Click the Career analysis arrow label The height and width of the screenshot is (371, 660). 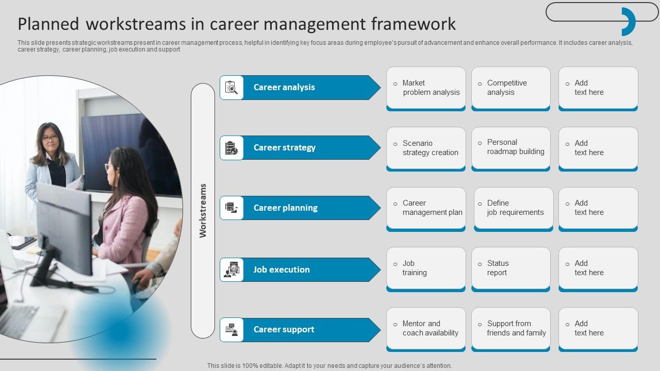click(x=284, y=88)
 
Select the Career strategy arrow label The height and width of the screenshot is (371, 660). click(x=284, y=148)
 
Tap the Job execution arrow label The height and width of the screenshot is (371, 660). click(x=282, y=269)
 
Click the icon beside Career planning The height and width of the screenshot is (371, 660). click(x=232, y=208)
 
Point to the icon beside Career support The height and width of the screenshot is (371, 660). click(x=232, y=330)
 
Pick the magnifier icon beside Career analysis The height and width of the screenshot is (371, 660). click(x=232, y=88)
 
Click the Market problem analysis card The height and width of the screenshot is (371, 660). click(x=426, y=88)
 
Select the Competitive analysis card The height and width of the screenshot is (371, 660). click(x=510, y=88)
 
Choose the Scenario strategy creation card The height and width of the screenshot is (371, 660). click(x=426, y=148)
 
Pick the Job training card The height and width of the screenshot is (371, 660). click(x=426, y=268)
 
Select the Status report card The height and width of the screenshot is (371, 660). click(x=510, y=268)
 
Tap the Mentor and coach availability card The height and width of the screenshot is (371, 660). click(x=426, y=328)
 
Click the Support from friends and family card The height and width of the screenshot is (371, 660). click(x=510, y=328)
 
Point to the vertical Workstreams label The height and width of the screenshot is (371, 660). click(x=203, y=210)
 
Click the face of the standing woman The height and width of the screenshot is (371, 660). click(x=50, y=137)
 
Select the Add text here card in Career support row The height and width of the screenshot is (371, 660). click(x=598, y=328)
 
